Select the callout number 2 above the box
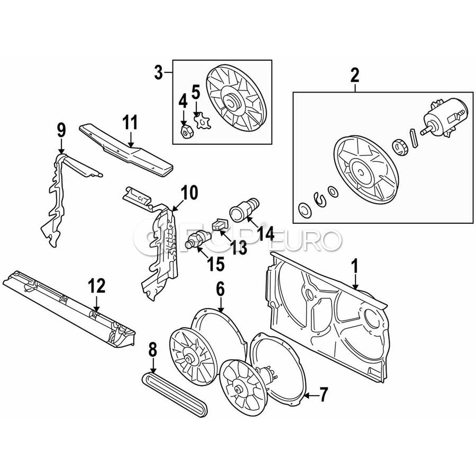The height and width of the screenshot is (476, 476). point(354,75)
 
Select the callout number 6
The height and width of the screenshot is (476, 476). point(220,289)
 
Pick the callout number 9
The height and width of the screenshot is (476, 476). point(61,129)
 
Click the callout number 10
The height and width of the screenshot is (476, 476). point(189,193)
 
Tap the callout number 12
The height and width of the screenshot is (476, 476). point(97,286)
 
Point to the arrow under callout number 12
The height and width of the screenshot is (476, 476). point(97,303)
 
